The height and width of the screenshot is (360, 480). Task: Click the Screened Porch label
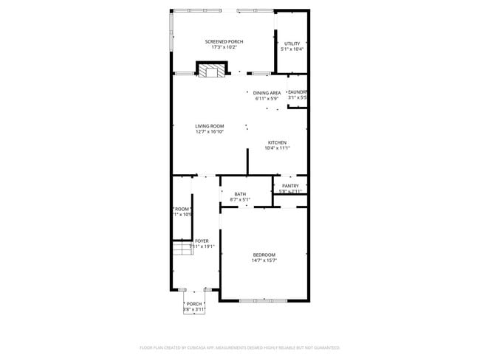224,41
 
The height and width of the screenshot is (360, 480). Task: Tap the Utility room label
292,44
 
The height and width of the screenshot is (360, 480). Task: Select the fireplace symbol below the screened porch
210,70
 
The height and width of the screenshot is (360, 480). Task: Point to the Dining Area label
267,93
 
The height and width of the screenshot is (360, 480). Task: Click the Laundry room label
298,92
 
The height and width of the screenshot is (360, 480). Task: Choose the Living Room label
210,126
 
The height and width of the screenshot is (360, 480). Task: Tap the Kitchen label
277,142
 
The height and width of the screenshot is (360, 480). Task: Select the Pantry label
290,186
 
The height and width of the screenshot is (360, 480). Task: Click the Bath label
240,194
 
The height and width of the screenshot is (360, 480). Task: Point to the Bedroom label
264,255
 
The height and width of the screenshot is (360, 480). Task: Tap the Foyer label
202,240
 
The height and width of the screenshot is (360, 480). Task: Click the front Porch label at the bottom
194,304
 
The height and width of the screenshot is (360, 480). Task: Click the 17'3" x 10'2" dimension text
224,47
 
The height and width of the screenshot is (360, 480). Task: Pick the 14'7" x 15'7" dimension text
264,260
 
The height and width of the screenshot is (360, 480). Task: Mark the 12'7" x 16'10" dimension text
210,132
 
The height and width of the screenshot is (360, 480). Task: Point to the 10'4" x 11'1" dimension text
277,148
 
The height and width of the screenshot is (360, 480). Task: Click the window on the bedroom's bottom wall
264,300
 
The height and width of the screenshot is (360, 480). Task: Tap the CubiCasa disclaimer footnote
239,347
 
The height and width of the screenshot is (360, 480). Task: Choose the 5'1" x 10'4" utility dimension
292,49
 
